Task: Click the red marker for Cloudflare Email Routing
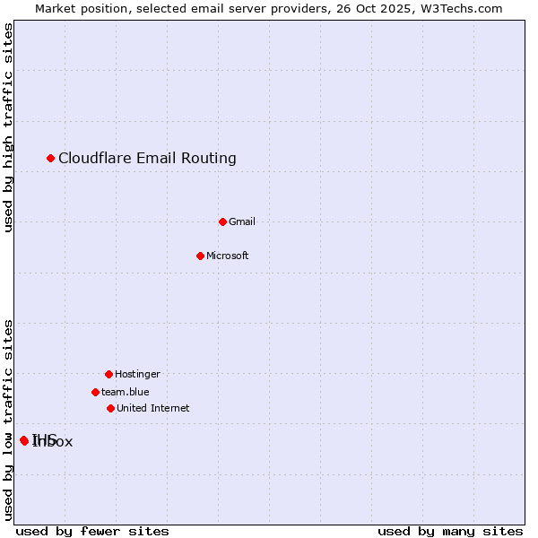click(51, 159)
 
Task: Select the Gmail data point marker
click(223, 221)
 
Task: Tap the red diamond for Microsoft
click(201, 256)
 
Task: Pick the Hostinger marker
click(108, 374)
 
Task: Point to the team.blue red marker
click(95, 392)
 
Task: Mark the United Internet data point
click(110, 408)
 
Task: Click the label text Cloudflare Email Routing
click(147, 159)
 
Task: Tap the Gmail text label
click(242, 221)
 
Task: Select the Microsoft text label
click(227, 256)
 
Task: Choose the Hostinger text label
click(137, 374)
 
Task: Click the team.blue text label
click(125, 392)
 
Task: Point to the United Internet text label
click(152, 408)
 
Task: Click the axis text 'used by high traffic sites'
click(8, 127)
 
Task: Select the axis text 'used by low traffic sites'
click(8, 420)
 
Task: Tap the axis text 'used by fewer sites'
click(92, 531)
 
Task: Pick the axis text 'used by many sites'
click(450, 531)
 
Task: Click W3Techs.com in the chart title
click(462, 8)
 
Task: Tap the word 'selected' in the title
click(151, 8)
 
